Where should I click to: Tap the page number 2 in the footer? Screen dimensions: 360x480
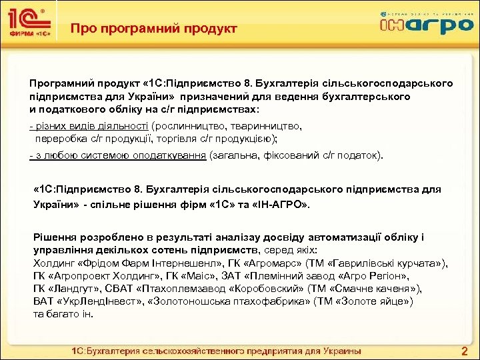click(465, 351)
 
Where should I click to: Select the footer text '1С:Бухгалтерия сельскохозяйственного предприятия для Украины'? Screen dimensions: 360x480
click(217, 351)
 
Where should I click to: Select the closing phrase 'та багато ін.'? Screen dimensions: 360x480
click(63, 313)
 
